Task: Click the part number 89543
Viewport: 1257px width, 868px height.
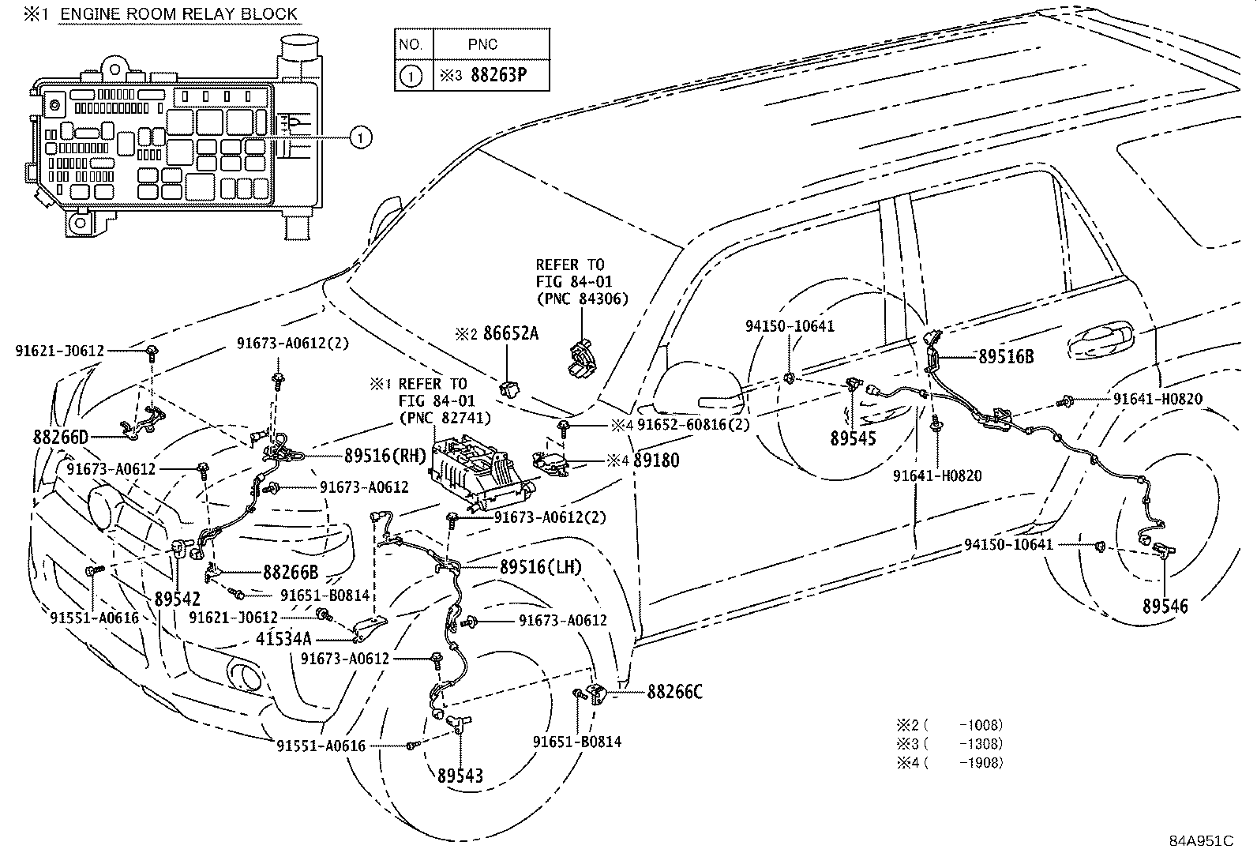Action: pyautogui.click(x=460, y=776)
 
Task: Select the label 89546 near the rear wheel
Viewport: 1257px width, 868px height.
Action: pyautogui.click(x=1165, y=606)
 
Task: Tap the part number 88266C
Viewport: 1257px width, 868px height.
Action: pyautogui.click(x=674, y=692)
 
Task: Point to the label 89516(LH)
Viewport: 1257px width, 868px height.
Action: pyautogui.click(x=540, y=566)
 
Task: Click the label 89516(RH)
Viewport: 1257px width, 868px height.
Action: pyautogui.click(x=385, y=455)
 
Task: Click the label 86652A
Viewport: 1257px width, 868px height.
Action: pyautogui.click(x=511, y=333)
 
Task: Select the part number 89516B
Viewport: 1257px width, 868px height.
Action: pyautogui.click(x=1005, y=356)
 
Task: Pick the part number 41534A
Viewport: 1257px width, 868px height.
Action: pyautogui.click(x=283, y=637)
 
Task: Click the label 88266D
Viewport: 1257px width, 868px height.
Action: pyautogui.click(x=61, y=437)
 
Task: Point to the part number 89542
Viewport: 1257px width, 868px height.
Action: pyautogui.click(x=177, y=599)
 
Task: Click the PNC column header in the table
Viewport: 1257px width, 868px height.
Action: pyautogui.click(x=488, y=44)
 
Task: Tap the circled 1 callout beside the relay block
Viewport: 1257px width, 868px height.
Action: pyautogui.click(x=360, y=138)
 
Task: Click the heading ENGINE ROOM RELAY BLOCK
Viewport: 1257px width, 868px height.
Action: pyautogui.click(x=178, y=13)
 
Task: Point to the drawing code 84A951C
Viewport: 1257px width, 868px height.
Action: pyautogui.click(x=1201, y=840)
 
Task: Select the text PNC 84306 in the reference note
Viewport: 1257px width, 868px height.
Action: pyautogui.click(x=582, y=299)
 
